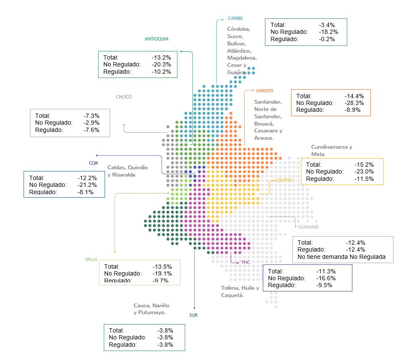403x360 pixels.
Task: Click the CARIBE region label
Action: [x=235, y=18]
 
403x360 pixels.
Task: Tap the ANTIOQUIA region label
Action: [x=156, y=39]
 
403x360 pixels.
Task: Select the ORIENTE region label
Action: [x=265, y=91]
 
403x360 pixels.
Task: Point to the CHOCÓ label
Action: [x=124, y=97]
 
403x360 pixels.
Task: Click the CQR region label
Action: [x=93, y=163]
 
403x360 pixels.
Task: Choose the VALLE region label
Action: [x=91, y=259]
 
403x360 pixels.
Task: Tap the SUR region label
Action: [x=193, y=315]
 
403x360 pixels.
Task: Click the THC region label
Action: [x=245, y=262]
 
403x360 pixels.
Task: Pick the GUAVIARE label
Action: [x=309, y=227]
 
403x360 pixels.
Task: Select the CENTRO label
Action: [x=284, y=180]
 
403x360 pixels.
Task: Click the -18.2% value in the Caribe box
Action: [x=328, y=32]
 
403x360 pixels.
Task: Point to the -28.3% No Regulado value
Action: [x=354, y=103]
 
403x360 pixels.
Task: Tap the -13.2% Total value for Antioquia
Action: [x=161, y=57]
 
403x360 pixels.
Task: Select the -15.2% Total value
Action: [x=364, y=165]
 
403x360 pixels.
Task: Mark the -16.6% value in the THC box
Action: [x=326, y=278]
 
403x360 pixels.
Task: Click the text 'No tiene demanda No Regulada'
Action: [x=341, y=257]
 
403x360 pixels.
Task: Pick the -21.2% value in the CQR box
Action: [x=87, y=185]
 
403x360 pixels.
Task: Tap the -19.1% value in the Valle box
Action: [x=162, y=273]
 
